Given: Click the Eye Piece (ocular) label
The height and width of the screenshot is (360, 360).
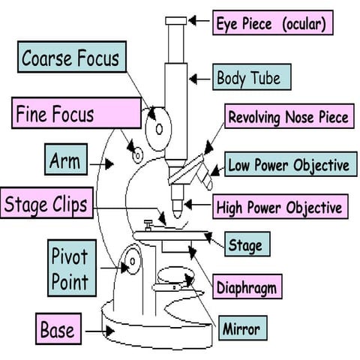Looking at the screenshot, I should click(x=271, y=23).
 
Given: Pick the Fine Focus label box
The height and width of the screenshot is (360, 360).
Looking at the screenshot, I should click(x=77, y=115).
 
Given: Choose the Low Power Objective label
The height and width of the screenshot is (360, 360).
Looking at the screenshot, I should click(x=288, y=164).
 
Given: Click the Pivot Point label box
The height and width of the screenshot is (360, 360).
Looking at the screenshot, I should click(x=69, y=268).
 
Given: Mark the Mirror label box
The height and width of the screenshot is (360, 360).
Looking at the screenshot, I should click(x=241, y=328).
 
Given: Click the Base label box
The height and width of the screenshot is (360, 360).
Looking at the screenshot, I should click(x=58, y=328).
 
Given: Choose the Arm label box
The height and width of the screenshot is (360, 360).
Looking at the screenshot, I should click(x=64, y=160).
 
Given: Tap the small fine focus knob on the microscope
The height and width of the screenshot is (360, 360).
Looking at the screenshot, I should click(x=136, y=154).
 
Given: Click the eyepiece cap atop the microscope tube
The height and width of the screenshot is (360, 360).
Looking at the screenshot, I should click(x=176, y=20).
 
